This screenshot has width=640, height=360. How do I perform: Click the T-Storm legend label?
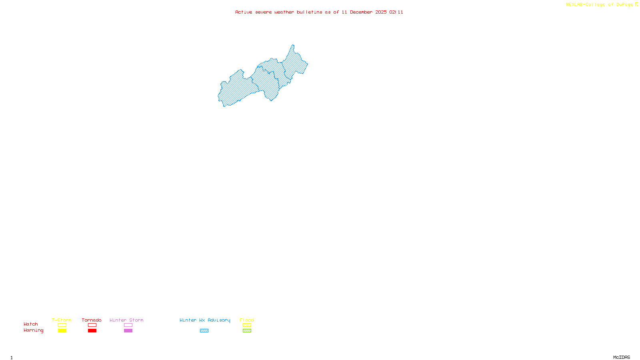62,320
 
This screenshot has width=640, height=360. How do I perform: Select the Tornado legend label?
92,320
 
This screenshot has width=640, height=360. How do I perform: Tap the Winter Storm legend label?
126,320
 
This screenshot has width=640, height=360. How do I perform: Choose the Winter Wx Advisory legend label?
205,320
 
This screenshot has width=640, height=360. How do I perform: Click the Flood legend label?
247,320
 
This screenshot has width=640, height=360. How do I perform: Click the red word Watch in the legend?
31,324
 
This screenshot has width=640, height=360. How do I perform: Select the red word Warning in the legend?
34,330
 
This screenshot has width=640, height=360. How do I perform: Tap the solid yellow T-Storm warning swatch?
62,331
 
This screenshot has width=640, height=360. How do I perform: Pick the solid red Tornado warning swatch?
92,331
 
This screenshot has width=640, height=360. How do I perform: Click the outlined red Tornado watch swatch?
92,325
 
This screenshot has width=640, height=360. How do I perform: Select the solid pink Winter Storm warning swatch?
128,331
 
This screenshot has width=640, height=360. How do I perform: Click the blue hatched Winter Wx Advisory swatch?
204,331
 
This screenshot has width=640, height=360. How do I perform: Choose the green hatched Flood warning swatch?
247,331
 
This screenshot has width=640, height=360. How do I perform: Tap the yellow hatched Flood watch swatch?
247,325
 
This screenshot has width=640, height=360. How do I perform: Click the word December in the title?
361,12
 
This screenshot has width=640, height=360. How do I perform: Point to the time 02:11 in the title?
396,12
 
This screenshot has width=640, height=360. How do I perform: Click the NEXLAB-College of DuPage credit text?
600,4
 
